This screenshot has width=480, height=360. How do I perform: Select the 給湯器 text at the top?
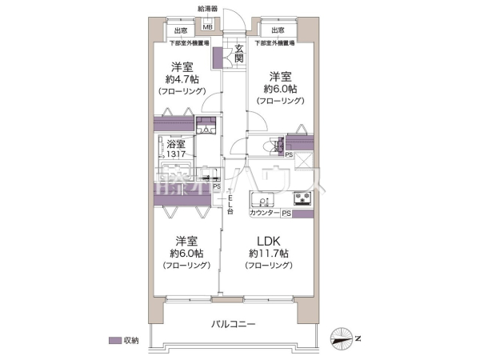[x=207, y=9]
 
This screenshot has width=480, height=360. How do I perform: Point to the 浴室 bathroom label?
[x=176, y=145]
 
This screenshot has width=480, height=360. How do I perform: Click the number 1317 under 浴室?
[x=176, y=155]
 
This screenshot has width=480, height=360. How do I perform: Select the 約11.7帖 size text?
[x=267, y=254]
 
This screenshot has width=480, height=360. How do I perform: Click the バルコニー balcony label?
[x=233, y=325]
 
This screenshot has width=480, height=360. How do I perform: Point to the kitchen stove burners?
[x=304, y=199]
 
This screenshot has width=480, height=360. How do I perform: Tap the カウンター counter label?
[x=265, y=214]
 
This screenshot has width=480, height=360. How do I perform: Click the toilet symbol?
[x=274, y=146]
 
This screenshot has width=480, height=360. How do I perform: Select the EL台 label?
[x=230, y=206]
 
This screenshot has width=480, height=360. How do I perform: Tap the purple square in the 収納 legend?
[x=115, y=340]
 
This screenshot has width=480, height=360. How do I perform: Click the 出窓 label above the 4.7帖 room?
[x=180, y=31]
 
